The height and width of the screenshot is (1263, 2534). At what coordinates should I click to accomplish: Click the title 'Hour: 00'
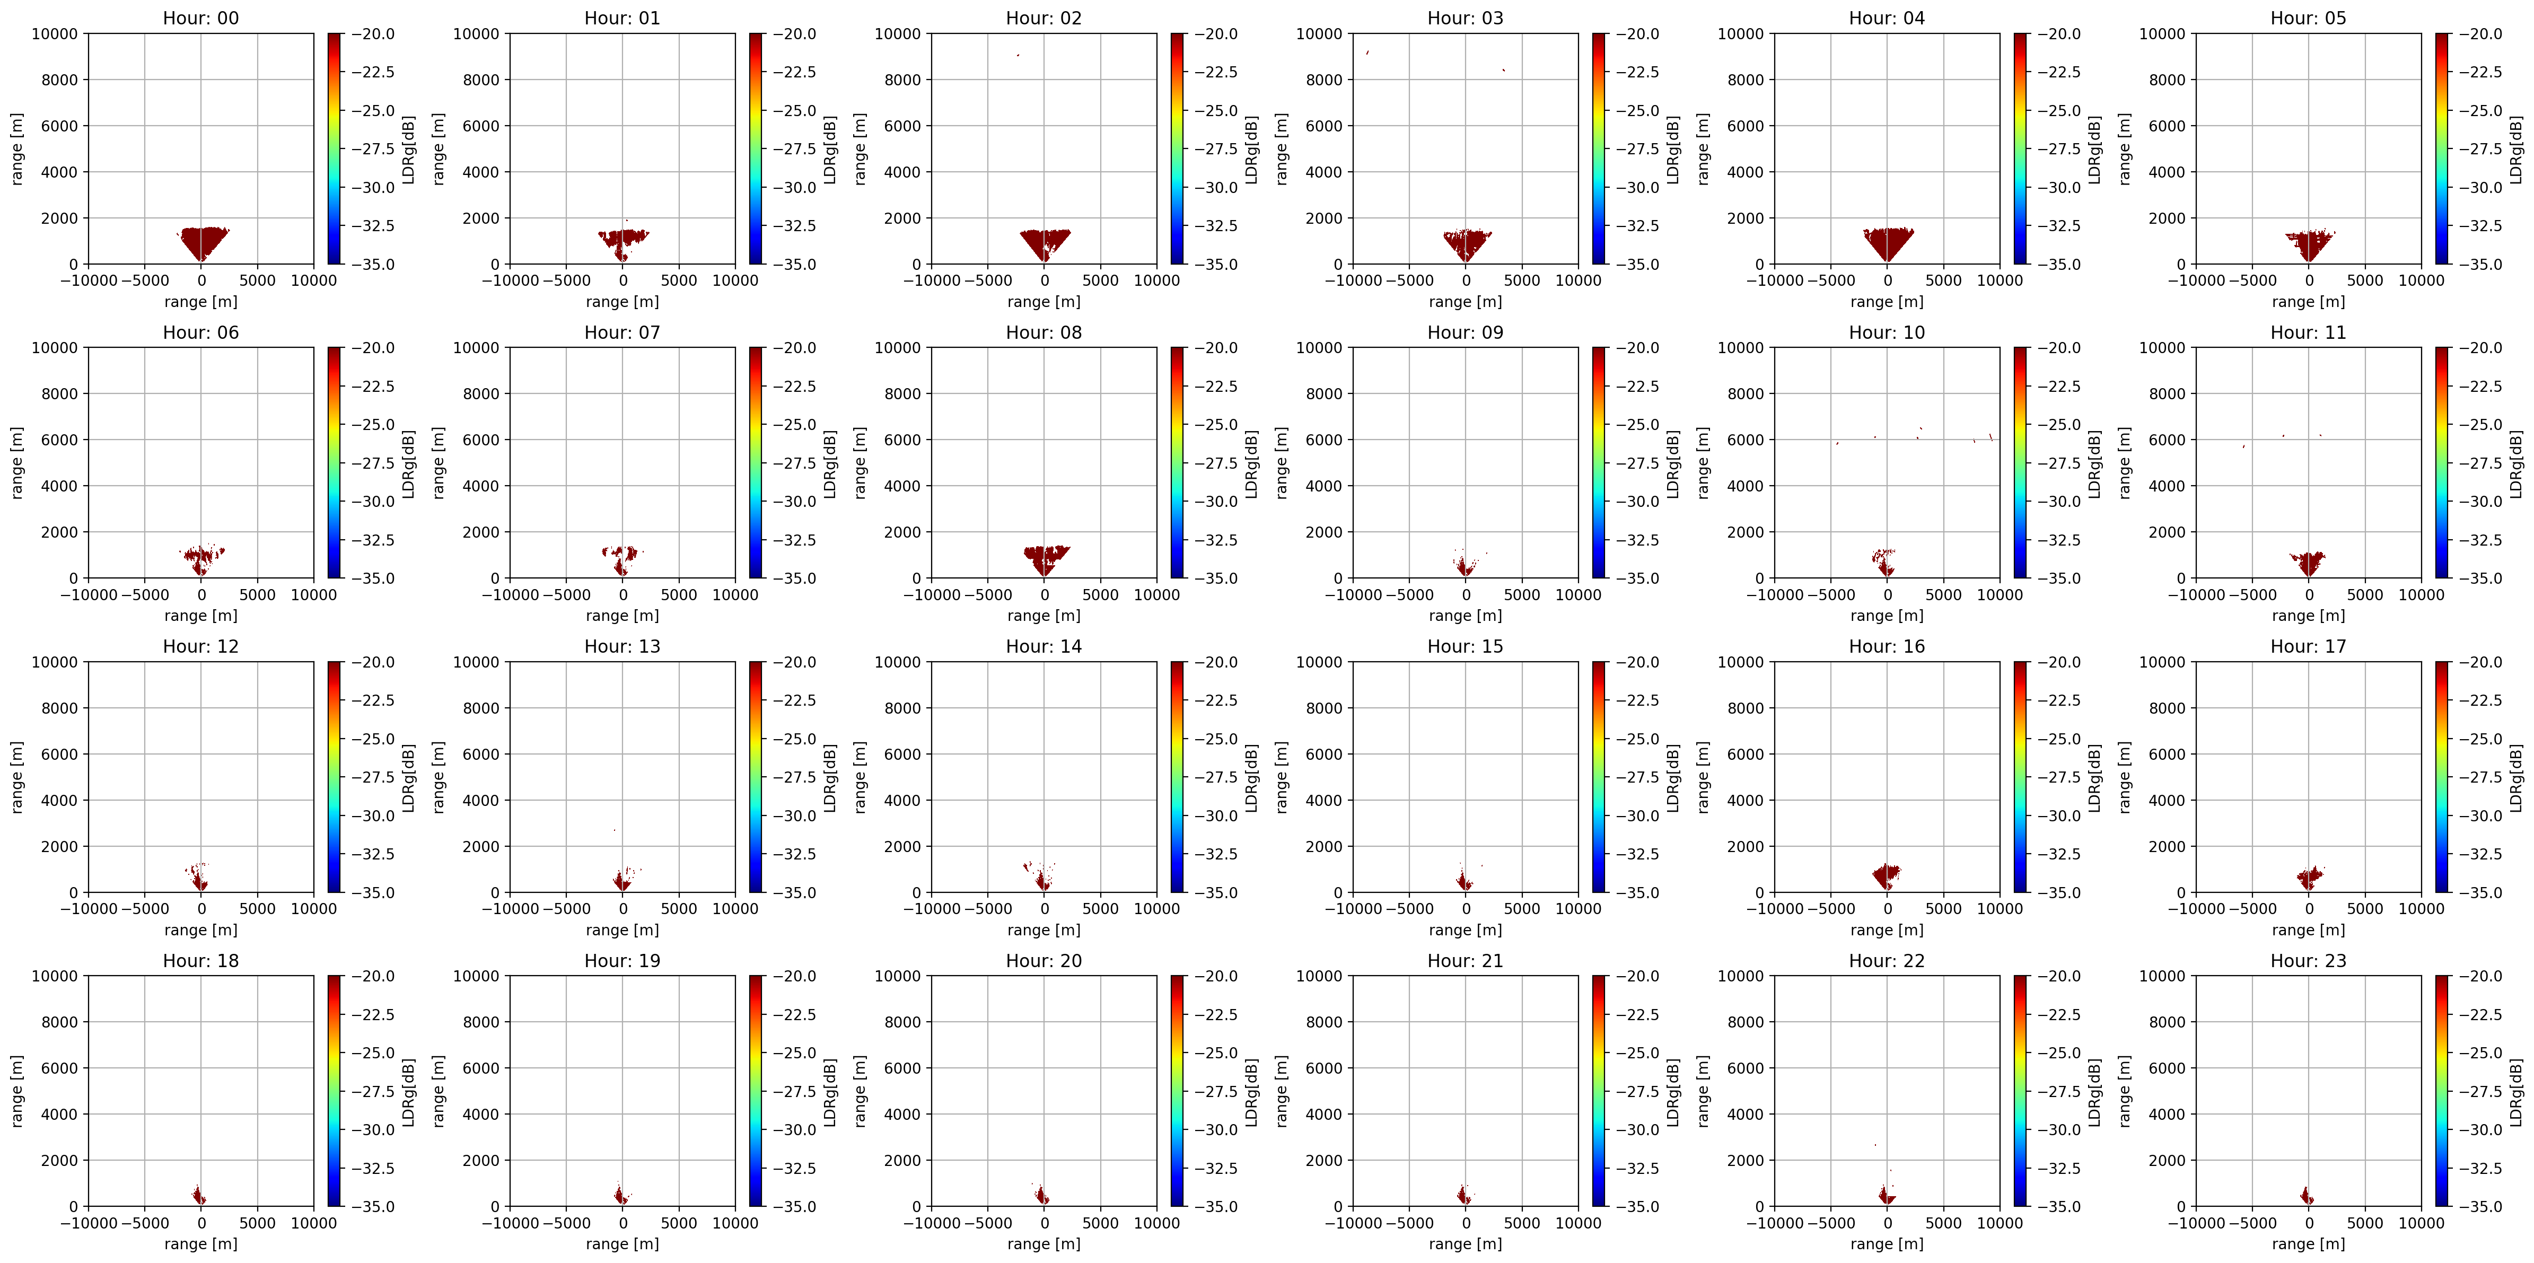[200, 17]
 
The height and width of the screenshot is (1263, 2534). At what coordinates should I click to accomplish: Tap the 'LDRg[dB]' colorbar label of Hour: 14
[1251, 777]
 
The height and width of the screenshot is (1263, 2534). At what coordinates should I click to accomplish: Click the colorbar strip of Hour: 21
[1599, 1091]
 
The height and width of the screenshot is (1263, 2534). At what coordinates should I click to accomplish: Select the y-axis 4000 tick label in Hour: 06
[60, 486]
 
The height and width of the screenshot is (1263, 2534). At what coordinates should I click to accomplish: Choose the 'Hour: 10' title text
[1887, 332]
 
